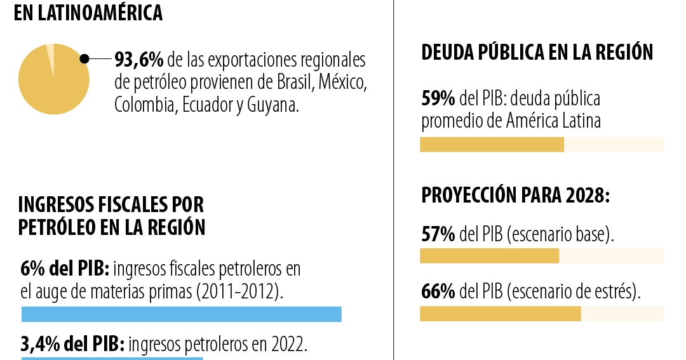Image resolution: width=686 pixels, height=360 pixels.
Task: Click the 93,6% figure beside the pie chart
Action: (139, 60)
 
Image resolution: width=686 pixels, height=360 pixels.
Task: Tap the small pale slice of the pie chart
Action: (51, 53)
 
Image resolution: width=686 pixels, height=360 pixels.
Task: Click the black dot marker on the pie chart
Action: (84, 59)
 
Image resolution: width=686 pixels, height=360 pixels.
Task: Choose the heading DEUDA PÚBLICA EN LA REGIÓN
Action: (537, 53)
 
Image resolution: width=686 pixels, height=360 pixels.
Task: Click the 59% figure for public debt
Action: (438, 98)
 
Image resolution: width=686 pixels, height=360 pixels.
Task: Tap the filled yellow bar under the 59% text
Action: (492, 145)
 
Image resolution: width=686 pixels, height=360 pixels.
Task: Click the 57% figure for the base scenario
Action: (438, 235)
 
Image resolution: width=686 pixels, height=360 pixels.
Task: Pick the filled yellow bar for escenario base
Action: (489, 256)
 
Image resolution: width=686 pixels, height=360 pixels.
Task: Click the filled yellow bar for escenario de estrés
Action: (500, 314)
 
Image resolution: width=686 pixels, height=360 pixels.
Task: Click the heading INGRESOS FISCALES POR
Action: (112, 205)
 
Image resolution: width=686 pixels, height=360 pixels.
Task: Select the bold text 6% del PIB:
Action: (65, 269)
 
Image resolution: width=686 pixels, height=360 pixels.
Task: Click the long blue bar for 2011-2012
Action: (181, 314)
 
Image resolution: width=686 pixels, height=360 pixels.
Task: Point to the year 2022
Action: (288, 345)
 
